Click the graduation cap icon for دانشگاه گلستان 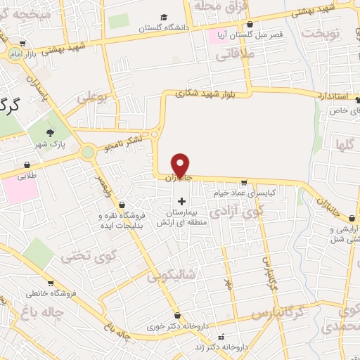[164, 17]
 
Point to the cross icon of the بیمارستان [181, 201]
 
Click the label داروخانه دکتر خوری [166, 327]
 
